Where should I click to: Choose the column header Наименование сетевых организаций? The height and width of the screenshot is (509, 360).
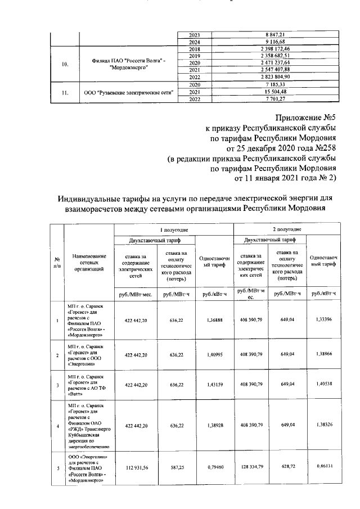click(x=89, y=262)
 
